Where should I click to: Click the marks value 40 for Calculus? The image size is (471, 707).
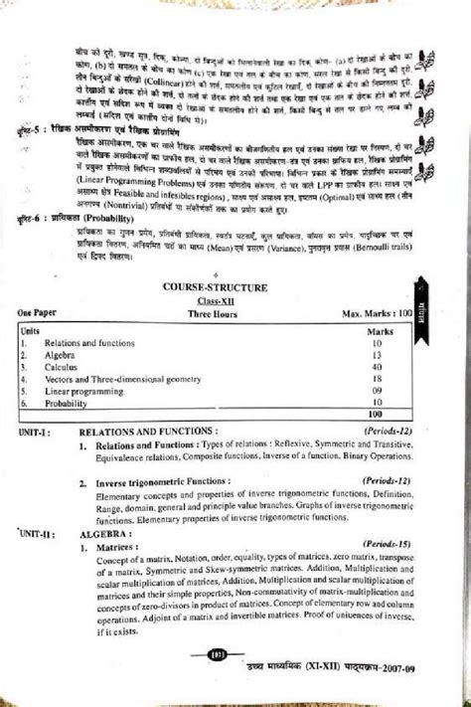click(376, 365)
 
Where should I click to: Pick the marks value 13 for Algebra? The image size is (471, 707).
click(376, 352)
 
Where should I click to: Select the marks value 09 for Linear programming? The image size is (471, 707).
click(376, 391)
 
